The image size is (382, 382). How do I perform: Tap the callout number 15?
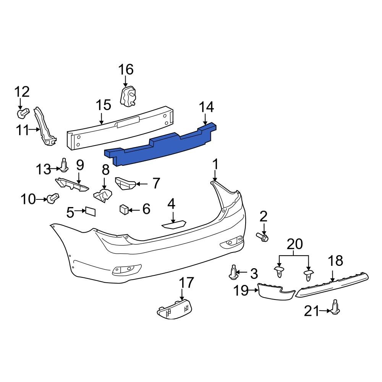coord(103,105)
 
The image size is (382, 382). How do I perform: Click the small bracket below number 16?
coord(129,96)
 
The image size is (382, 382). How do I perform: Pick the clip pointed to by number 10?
coord(52,198)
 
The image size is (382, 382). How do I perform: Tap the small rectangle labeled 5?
coord(90,211)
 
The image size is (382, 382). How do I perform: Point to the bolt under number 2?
coord(263,238)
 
